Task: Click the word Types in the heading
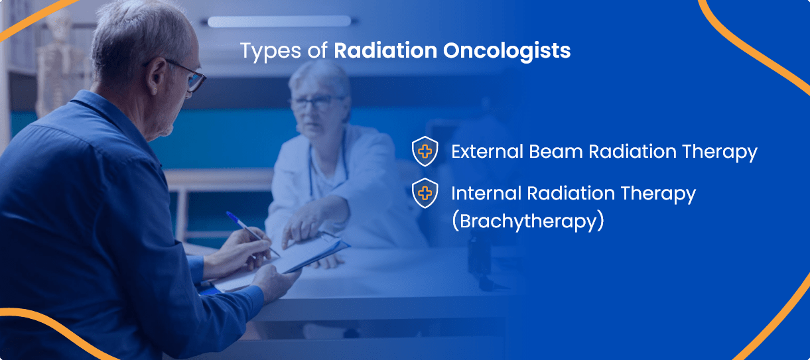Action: [271, 51]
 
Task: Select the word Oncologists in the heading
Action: [507, 51]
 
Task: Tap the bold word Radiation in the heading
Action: [385, 50]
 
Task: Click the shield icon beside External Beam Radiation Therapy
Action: [425, 151]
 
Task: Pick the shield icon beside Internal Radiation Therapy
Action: [425, 193]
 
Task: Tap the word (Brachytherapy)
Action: [528, 221]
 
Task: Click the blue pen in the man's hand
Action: [251, 233]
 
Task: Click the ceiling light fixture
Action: [279, 21]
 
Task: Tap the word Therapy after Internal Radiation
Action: [658, 194]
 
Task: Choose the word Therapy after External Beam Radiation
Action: [720, 152]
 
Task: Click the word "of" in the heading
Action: [318, 50]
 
